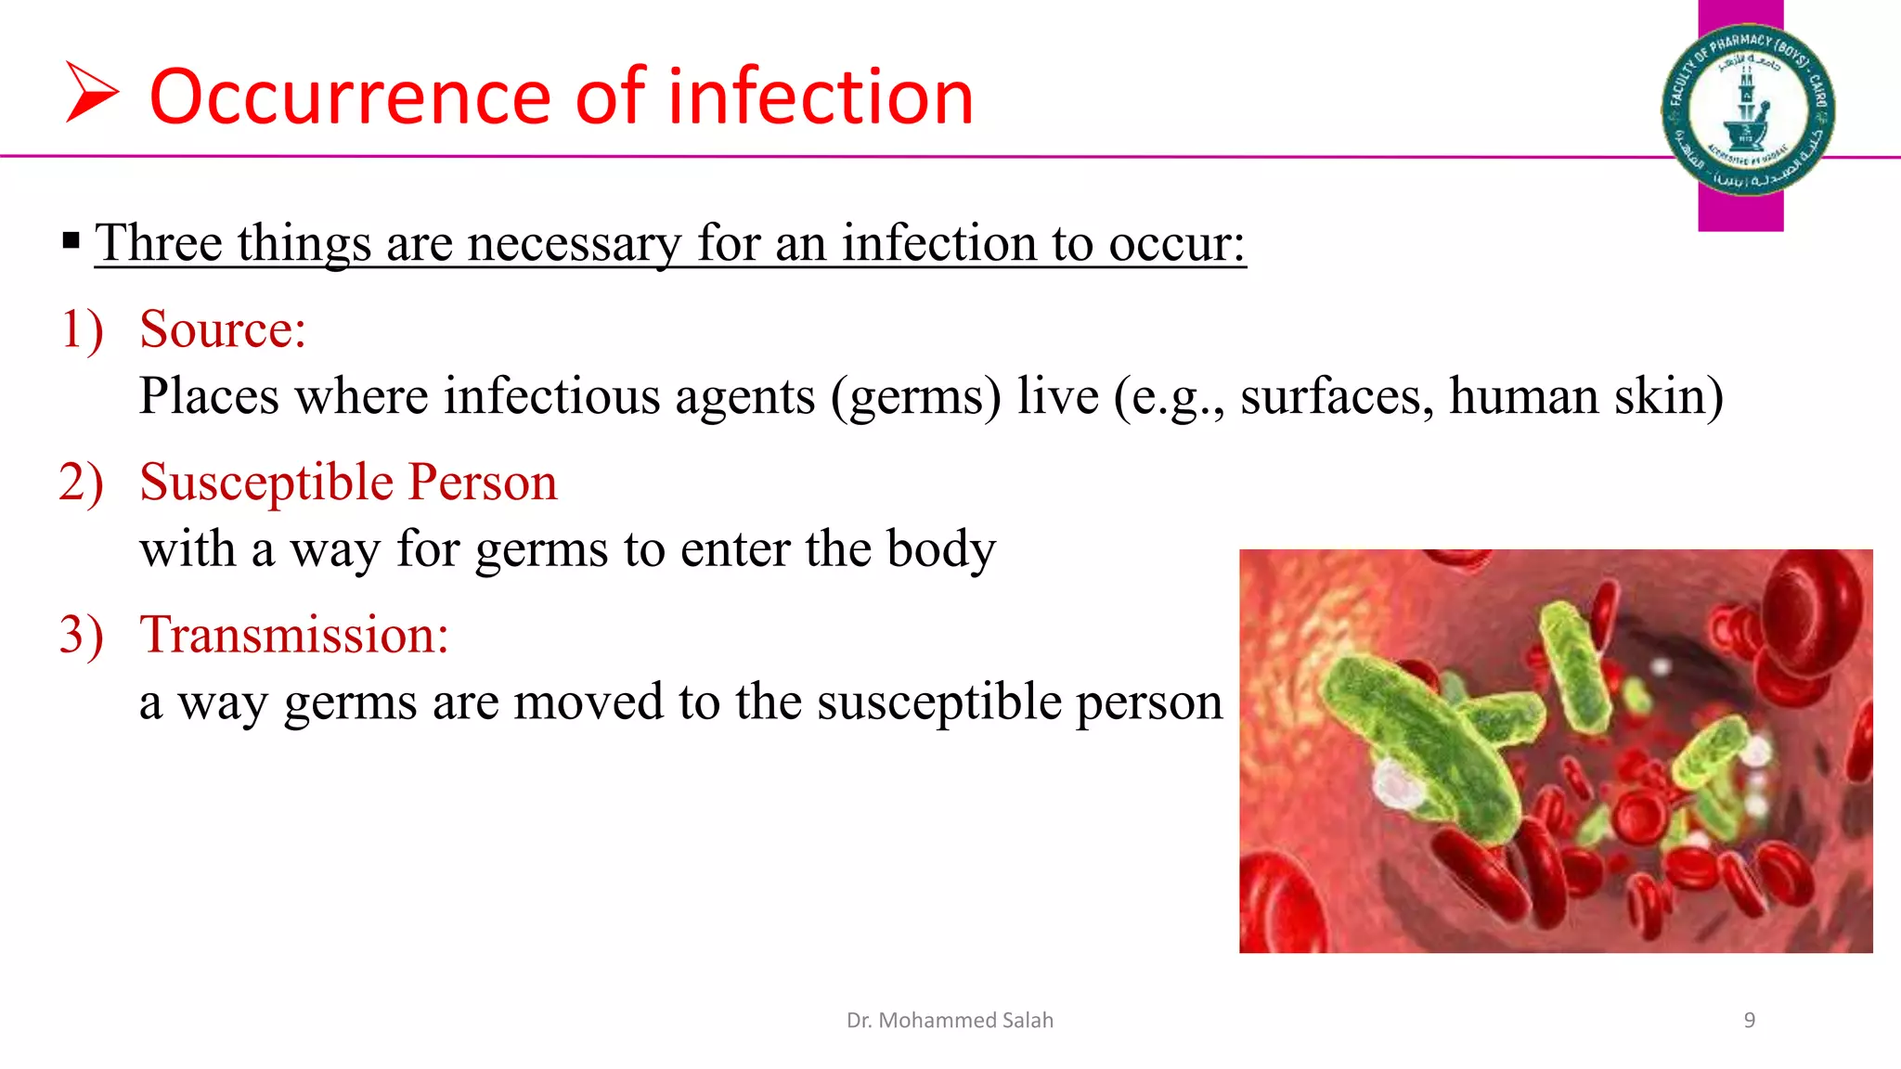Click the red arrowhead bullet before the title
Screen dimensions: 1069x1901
coord(91,92)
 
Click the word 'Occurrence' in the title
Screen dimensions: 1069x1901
coord(350,97)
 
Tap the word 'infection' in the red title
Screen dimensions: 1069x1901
coord(821,97)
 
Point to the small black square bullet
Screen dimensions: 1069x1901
coord(71,242)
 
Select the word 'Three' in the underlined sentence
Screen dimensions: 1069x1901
coord(159,243)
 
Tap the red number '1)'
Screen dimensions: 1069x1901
coord(82,329)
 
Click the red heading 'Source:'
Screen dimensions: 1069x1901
coord(223,329)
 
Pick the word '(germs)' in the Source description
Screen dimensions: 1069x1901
coord(915,397)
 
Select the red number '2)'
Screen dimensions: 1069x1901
coord(81,483)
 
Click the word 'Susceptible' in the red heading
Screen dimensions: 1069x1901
coord(266,483)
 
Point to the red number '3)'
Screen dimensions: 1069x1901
coord(81,636)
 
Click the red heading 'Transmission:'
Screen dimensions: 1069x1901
coord(294,636)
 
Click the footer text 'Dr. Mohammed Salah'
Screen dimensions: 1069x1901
coord(950,1021)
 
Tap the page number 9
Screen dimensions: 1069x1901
coord(1749,1021)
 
